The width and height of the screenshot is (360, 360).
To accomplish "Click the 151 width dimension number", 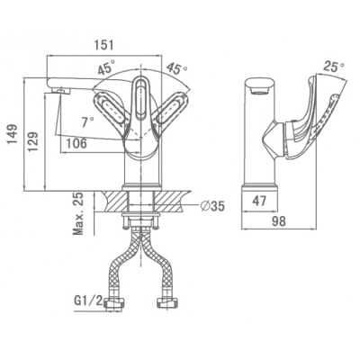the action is tap(104, 45).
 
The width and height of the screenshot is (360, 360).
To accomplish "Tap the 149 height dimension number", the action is tap(13, 134).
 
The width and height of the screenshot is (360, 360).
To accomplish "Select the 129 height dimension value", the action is tap(33, 141).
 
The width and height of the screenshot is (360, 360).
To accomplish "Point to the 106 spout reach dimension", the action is tap(76, 143).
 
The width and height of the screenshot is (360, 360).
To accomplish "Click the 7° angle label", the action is tap(87, 121).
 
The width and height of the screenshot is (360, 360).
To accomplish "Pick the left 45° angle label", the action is tap(106, 68).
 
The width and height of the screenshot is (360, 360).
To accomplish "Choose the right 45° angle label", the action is tap(177, 68).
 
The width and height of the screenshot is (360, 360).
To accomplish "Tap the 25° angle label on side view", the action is tap(334, 67).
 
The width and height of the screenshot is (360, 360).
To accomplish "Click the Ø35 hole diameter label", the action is tap(212, 206).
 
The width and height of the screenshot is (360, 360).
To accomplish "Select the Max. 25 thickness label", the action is tap(78, 213).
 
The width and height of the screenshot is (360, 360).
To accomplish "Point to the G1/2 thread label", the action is tap(88, 301).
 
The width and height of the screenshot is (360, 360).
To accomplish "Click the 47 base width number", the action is tap(259, 201).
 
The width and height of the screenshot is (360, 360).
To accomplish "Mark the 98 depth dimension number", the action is tap(279, 221).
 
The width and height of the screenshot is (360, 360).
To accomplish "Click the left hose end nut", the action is tap(114, 303).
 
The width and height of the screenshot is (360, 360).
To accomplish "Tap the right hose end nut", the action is tap(167, 303).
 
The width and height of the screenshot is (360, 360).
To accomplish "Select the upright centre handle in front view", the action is tap(141, 98).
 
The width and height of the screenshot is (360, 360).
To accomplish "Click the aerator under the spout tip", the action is tap(60, 91).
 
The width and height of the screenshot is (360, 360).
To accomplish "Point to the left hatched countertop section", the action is tap(115, 202).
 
